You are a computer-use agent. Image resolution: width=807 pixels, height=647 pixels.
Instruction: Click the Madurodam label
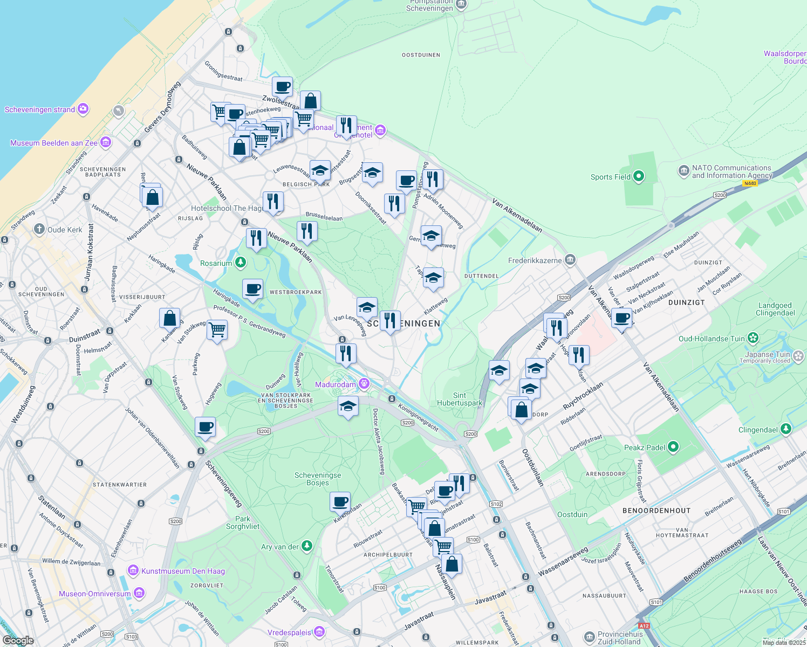336,384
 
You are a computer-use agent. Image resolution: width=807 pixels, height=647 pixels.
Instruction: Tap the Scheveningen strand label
40,109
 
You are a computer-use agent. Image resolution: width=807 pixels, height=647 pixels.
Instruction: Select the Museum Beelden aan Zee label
54,143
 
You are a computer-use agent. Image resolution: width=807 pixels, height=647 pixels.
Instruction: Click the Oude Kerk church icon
39,229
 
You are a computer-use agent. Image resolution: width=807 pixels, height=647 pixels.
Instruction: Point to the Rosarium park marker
241,263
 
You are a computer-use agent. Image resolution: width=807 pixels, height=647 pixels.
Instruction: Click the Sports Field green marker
639,176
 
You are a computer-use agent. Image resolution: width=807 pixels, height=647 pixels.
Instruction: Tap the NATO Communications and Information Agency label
731,171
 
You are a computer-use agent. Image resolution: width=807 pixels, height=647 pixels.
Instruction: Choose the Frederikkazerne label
535,260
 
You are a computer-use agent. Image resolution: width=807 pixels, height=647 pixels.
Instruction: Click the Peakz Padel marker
673,447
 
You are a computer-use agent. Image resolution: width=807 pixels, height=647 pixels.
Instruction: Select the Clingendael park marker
786,429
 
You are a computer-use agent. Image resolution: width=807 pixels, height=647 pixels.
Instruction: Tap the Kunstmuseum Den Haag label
183,571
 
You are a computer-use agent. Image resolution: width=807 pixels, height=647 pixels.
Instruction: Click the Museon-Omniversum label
95,594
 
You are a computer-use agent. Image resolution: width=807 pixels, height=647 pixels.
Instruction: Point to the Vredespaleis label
289,632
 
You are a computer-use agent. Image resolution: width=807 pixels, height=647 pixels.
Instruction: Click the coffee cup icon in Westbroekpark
252,289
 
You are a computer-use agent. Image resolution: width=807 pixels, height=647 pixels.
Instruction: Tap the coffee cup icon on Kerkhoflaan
340,502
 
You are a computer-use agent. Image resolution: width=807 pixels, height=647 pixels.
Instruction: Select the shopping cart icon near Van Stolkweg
217,329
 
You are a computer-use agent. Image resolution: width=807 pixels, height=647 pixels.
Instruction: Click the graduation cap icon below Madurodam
348,406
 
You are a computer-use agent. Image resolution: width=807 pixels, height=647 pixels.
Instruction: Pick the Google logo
18,641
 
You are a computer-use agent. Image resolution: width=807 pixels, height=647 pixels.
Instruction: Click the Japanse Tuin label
768,354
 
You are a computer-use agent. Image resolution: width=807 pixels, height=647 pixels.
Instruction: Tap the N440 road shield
750,183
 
